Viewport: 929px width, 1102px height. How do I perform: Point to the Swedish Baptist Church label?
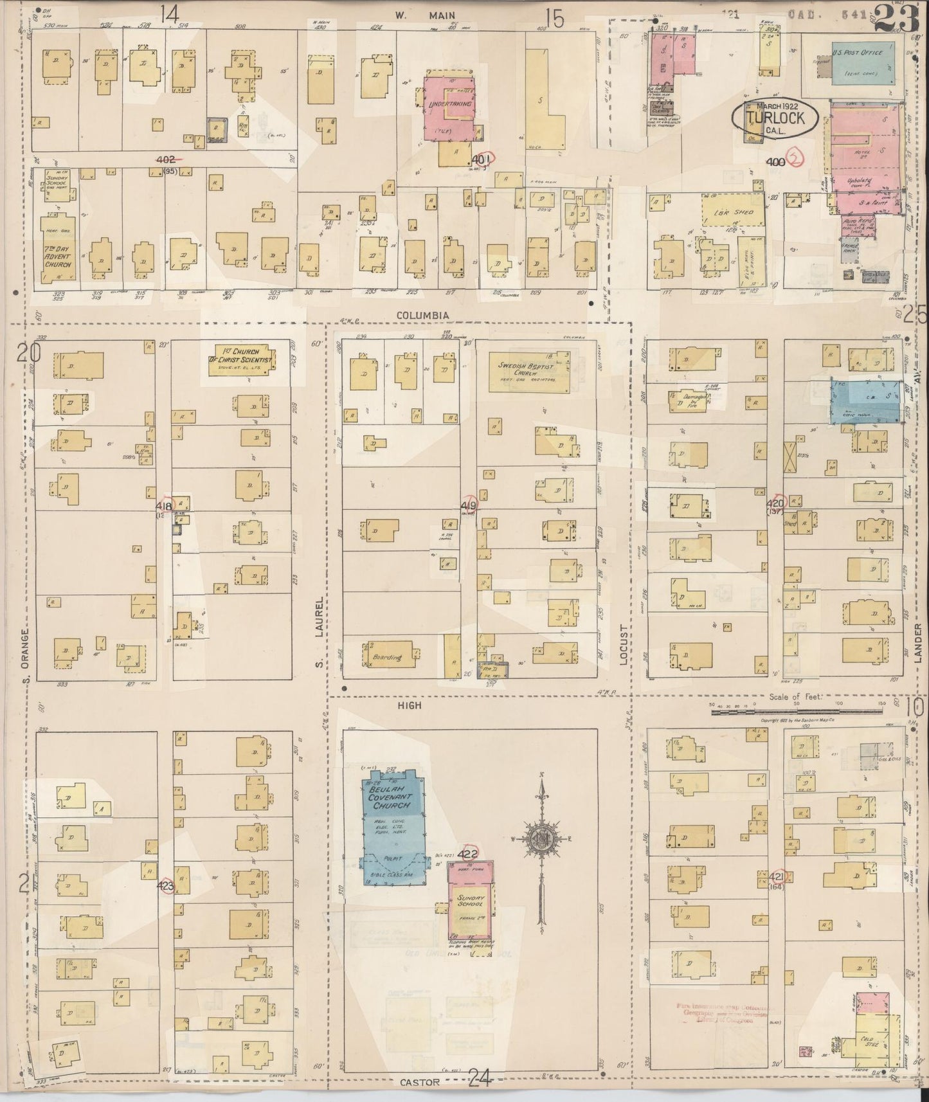click(529, 372)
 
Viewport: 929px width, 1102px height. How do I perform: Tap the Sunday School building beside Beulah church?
click(471, 907)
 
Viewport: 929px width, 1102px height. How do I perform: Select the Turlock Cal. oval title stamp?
click(775, 118)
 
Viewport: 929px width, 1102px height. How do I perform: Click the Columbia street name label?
click(422, 315)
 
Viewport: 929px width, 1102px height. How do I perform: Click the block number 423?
click(165, 885)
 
